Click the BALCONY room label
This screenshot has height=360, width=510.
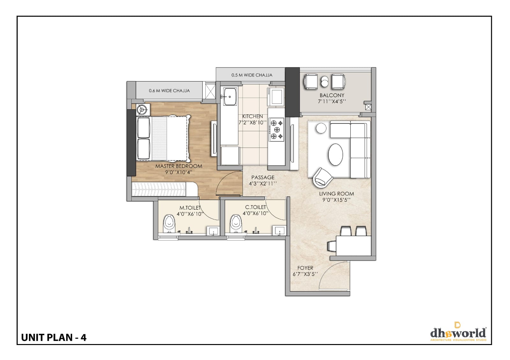[x=332, y=95]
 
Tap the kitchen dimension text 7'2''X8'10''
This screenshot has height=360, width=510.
[x=252, y=123]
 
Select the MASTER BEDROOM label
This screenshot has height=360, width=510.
[x=179, y=166]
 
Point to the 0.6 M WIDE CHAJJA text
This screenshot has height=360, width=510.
[x=169, y=90]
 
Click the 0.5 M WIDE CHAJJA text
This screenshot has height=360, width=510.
[x=252, y=75]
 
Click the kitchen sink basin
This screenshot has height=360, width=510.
[x=230, y=97]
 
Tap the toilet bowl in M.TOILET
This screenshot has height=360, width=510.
[x=169, y=224]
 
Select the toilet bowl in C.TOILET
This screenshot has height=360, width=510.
[x=236, y=224]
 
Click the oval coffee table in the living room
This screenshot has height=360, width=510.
[x=335, y=154]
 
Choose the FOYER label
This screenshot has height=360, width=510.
[x=305, y=268]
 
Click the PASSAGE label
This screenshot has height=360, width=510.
[x=263, y=177]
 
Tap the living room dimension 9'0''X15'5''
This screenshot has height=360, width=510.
[x=336, y=200]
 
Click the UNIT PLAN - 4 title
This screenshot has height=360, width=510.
[x=54, y=338]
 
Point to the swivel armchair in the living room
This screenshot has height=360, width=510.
[x=323, y=178]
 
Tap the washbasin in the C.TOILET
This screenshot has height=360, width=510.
[x=279, y=231]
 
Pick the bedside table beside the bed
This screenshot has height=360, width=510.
[x=143, y=110]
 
